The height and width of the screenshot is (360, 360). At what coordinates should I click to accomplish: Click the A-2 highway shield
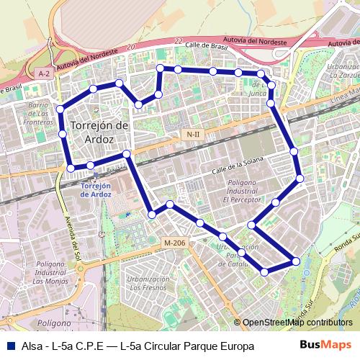click(44, 73)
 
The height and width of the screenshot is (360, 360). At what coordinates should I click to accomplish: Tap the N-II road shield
click(192, 135)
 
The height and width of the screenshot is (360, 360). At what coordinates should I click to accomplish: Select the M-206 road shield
click(175, 243)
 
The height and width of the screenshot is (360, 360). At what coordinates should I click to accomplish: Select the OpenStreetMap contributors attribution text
click(297, 323)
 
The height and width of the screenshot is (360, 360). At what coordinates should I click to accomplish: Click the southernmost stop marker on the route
click(264, 272)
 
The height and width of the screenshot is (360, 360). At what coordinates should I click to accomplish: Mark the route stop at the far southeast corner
click(296, 261)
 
